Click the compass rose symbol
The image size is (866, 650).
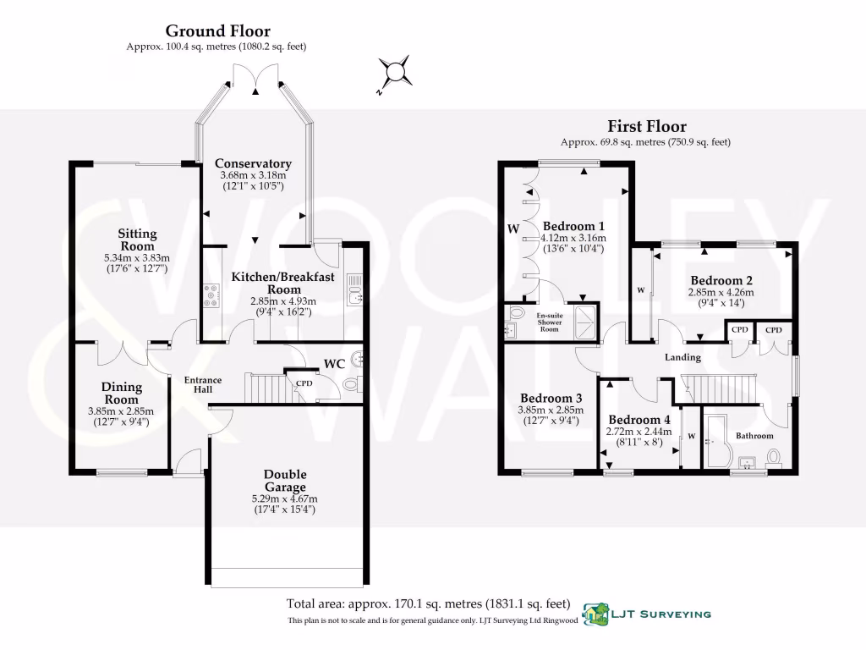click(x=393, y=73)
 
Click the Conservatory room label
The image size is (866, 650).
click(x=253, y=163)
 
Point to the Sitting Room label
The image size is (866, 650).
click(x=137, y=240)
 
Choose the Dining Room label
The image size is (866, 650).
click(x=122, y=393)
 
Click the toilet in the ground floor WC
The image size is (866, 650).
click(x=354, y=385)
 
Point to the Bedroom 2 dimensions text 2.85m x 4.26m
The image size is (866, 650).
click(x=721, y=293)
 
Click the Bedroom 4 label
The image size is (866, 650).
click(x=639, y=420)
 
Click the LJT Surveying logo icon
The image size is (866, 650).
click(x=597, y=614)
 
